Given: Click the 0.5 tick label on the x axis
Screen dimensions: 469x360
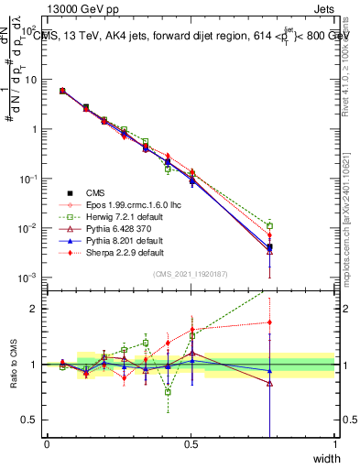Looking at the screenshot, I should point(191,444).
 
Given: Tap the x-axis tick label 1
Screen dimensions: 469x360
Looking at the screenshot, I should point(335,444).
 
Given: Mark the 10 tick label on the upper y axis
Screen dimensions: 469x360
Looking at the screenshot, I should point(35,80).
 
